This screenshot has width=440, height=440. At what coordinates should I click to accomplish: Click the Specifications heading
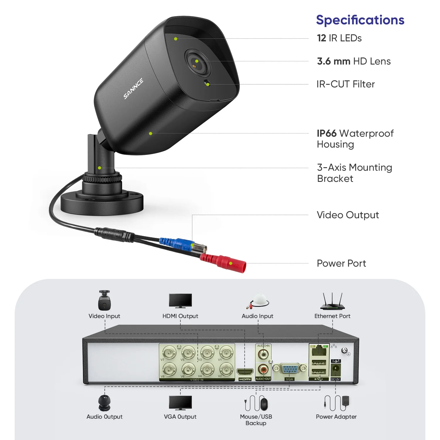(x=360, y=20)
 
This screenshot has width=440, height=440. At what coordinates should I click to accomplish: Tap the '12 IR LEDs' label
(x=339, y=38)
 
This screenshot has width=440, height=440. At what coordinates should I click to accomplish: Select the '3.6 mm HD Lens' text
(x=353, y=61)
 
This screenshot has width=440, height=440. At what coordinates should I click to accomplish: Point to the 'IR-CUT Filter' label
(x=345, y=84)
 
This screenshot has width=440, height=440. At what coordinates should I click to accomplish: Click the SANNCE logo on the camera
(x=133, y=89)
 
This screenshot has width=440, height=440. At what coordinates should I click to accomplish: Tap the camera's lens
(x=197, y=62)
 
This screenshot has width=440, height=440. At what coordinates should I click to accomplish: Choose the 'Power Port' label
(x=341, y=263)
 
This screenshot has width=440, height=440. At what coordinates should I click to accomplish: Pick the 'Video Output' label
(x=348, y=215)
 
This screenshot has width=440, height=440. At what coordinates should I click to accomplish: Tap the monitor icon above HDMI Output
(x=180, y=301)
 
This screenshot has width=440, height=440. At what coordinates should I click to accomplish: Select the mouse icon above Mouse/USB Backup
(x=264, y=404)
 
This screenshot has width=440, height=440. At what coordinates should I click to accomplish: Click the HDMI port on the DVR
(x=245, y=372)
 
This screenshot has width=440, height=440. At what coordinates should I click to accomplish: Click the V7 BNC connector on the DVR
(x=169, y=352)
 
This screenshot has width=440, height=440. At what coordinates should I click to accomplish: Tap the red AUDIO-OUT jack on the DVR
(x=263, y=369)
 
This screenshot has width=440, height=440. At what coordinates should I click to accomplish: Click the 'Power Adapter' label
(x=336, y=417)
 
